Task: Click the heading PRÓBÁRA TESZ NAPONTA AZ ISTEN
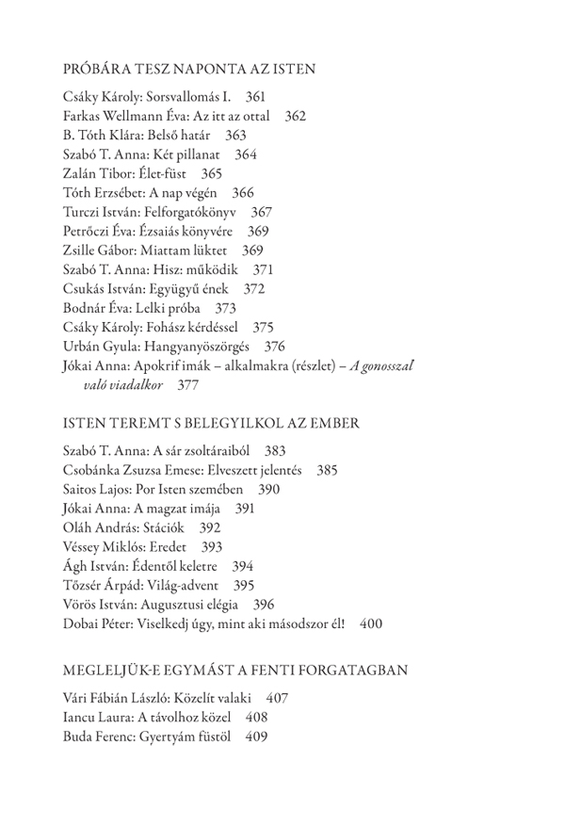click(188, 69)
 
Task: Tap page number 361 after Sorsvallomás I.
click(255, 97)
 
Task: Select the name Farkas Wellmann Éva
click(123, 116)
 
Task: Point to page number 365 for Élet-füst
click(212, 173)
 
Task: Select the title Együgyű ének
click(190, 288)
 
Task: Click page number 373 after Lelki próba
click(225, 308)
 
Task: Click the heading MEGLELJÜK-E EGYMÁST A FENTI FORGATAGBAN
click(234, 670)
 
